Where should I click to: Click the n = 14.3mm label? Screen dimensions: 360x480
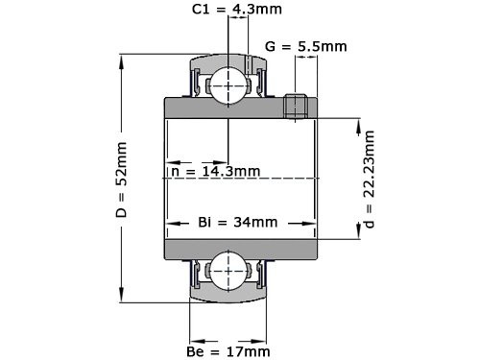[x=215, y=172]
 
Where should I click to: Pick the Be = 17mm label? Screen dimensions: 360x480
[x=228, y=351]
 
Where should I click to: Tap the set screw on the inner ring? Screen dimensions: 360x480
[x=298, y=106]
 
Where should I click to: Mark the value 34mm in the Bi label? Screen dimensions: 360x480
[x=255, y=222]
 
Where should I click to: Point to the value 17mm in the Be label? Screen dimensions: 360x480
[x=249, y=351]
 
